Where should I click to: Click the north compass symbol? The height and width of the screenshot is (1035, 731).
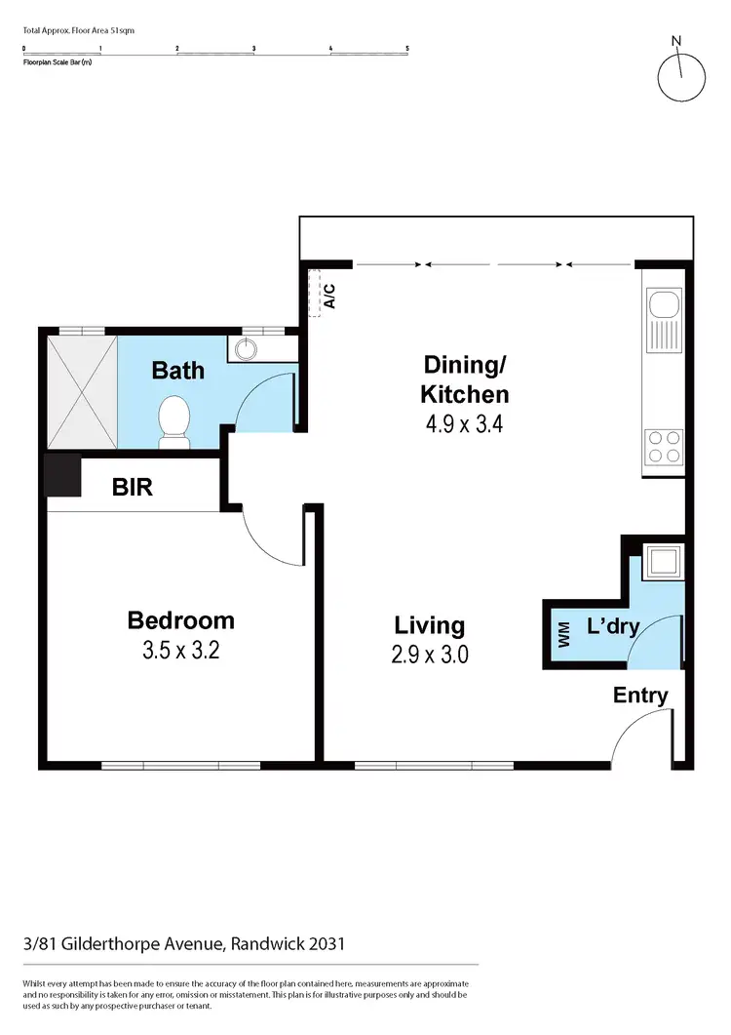click(x=680, y=75)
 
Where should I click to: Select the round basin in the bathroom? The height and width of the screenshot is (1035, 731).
click(x=244, y=347)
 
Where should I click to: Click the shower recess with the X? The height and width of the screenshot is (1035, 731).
click(x=79, y=390)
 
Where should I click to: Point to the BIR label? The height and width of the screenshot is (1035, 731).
click(x=133, y=486)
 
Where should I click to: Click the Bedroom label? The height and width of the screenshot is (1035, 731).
click(x=181, y=619)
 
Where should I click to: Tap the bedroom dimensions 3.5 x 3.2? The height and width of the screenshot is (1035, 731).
click(x=181, y=651)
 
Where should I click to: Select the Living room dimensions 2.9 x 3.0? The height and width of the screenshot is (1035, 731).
click(x=430, y=655)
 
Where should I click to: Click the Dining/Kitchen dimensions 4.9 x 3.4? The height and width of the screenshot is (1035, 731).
click(x=464, y=424)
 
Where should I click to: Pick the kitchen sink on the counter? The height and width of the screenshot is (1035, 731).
click(x=662, y=320)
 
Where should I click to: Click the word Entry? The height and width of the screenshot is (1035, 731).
click(x=640, y=696)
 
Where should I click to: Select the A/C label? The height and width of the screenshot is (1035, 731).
click(x=329, y=295)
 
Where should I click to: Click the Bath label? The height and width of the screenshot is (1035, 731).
click(x=179, y=370)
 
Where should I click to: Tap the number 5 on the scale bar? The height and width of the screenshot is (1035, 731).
click(x=406, y=47)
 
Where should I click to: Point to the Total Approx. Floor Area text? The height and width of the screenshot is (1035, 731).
click(x=78, y=30)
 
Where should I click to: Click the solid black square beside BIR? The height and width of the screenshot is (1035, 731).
click(x=62, y=475)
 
